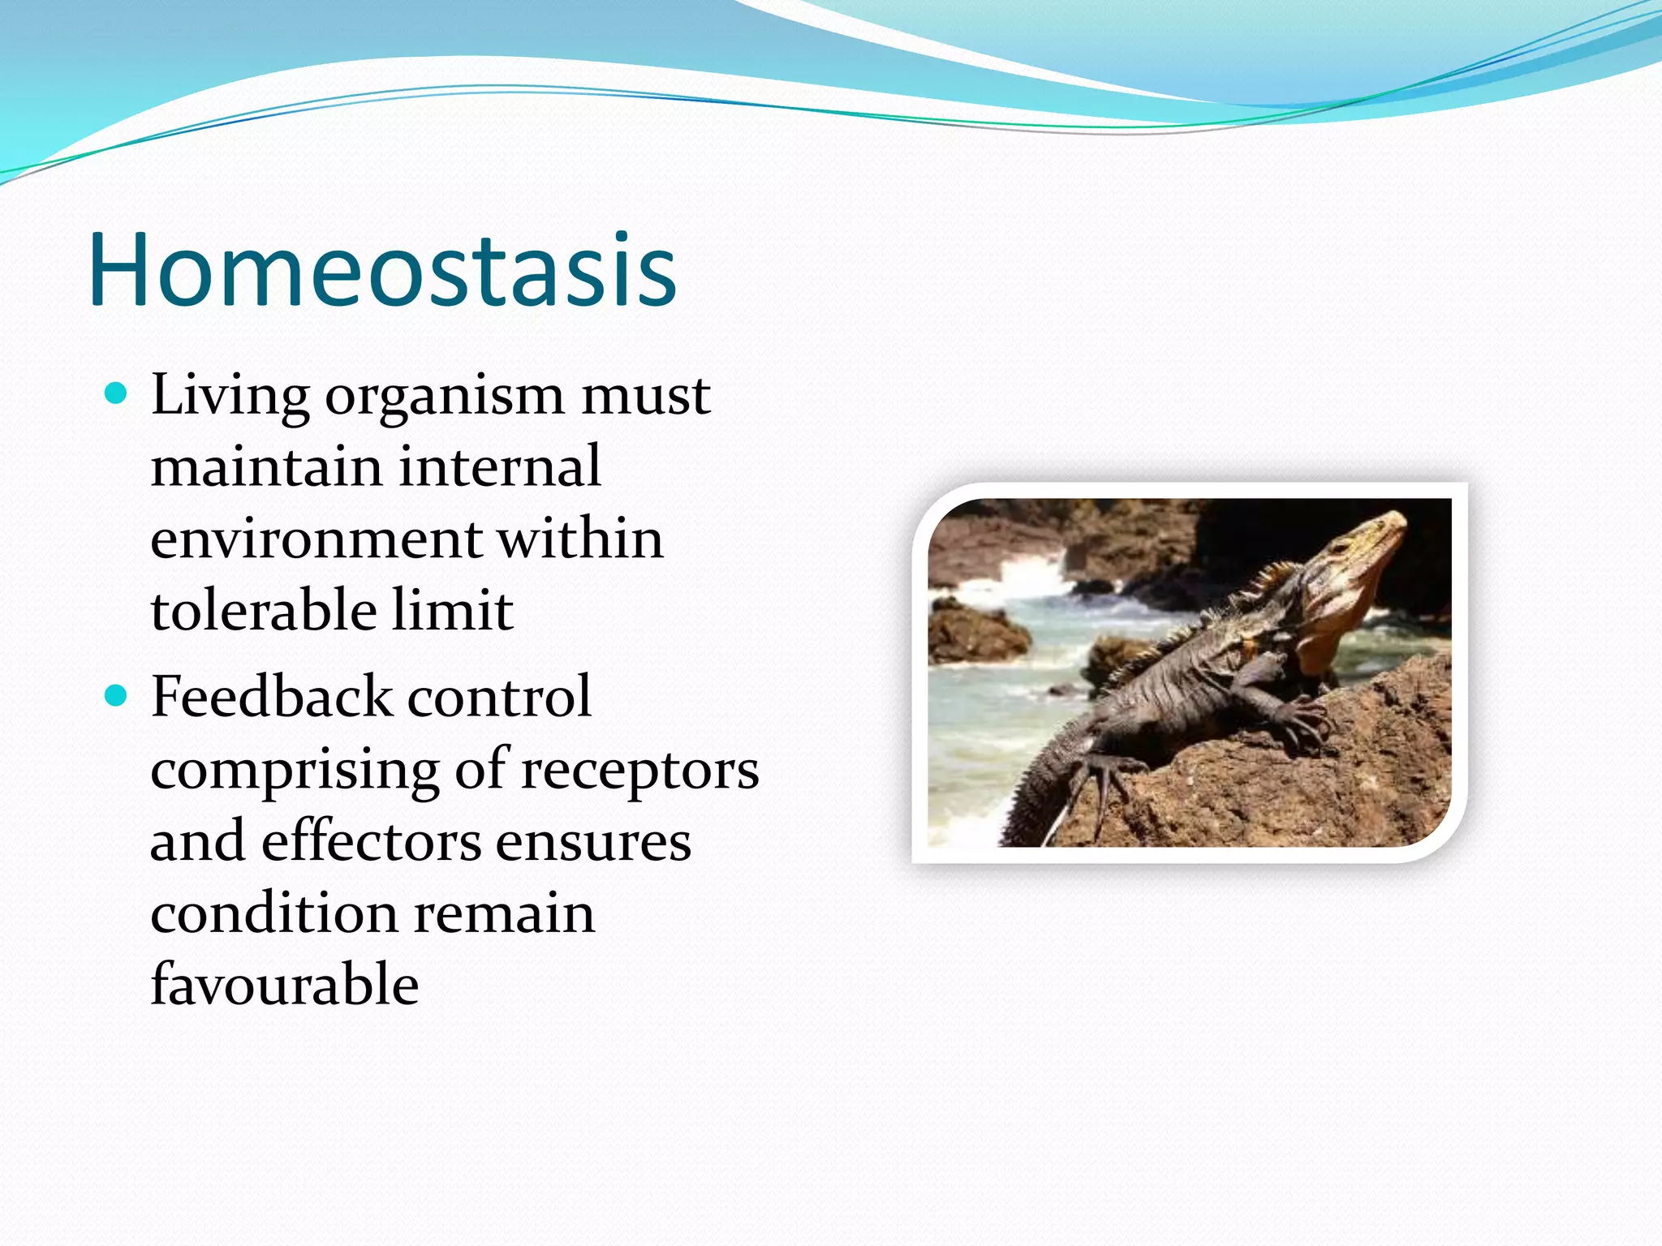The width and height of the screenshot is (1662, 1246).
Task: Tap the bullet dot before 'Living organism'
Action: coord(117,394)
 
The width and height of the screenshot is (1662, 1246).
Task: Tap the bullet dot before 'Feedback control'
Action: coord(117,696)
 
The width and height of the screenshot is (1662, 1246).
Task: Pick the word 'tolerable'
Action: coord(263,610)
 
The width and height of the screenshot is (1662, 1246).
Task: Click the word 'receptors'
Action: coord(639,771)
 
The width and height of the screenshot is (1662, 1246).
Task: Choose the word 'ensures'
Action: coord(593,842)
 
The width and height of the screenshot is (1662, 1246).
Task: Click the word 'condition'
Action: coord(273,913)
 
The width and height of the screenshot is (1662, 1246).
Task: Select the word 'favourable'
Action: coord(285,985)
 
